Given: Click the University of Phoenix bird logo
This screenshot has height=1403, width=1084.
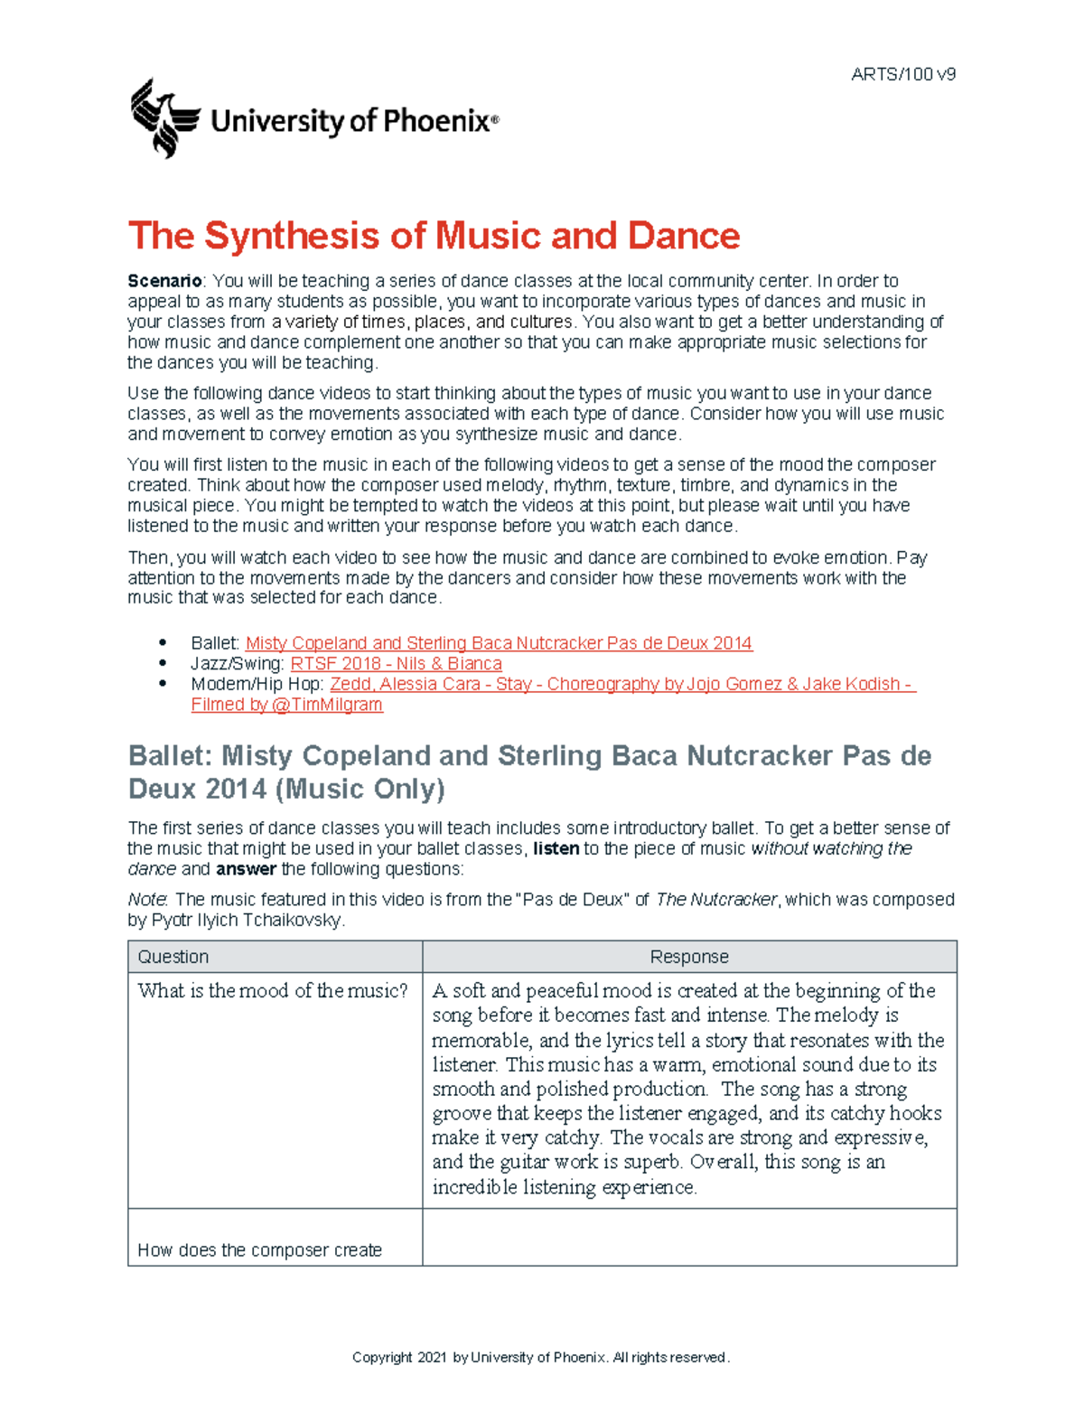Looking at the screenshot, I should point(164,118).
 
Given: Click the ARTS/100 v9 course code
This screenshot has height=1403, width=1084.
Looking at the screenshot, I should point(902,75).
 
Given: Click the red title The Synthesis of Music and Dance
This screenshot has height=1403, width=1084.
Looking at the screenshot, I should point(434,236).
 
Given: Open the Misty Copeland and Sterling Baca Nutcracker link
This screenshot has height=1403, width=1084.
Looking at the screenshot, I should point(499,643).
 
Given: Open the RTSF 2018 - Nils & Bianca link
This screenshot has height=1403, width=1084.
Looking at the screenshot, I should point(396,664).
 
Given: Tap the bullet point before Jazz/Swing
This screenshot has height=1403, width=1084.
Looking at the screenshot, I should point(164,664).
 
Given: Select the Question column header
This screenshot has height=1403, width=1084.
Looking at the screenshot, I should point(173,957).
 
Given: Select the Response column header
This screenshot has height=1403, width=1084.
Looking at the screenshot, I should point(689,957).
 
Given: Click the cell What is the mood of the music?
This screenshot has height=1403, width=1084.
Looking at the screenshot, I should point(273,991).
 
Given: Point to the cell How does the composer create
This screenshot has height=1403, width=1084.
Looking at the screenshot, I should point(260,1250).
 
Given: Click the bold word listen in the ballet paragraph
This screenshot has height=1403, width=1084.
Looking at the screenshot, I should point(556,849).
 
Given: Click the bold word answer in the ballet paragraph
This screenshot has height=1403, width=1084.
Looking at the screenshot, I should point(246,869).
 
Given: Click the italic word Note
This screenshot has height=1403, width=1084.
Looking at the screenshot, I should point(147,900).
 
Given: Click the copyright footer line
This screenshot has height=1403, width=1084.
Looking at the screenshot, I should point(540,1358).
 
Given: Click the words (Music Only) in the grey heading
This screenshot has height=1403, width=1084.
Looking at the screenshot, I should point(360,790).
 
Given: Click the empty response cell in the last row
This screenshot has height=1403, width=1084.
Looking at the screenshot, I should point(689,1237).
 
